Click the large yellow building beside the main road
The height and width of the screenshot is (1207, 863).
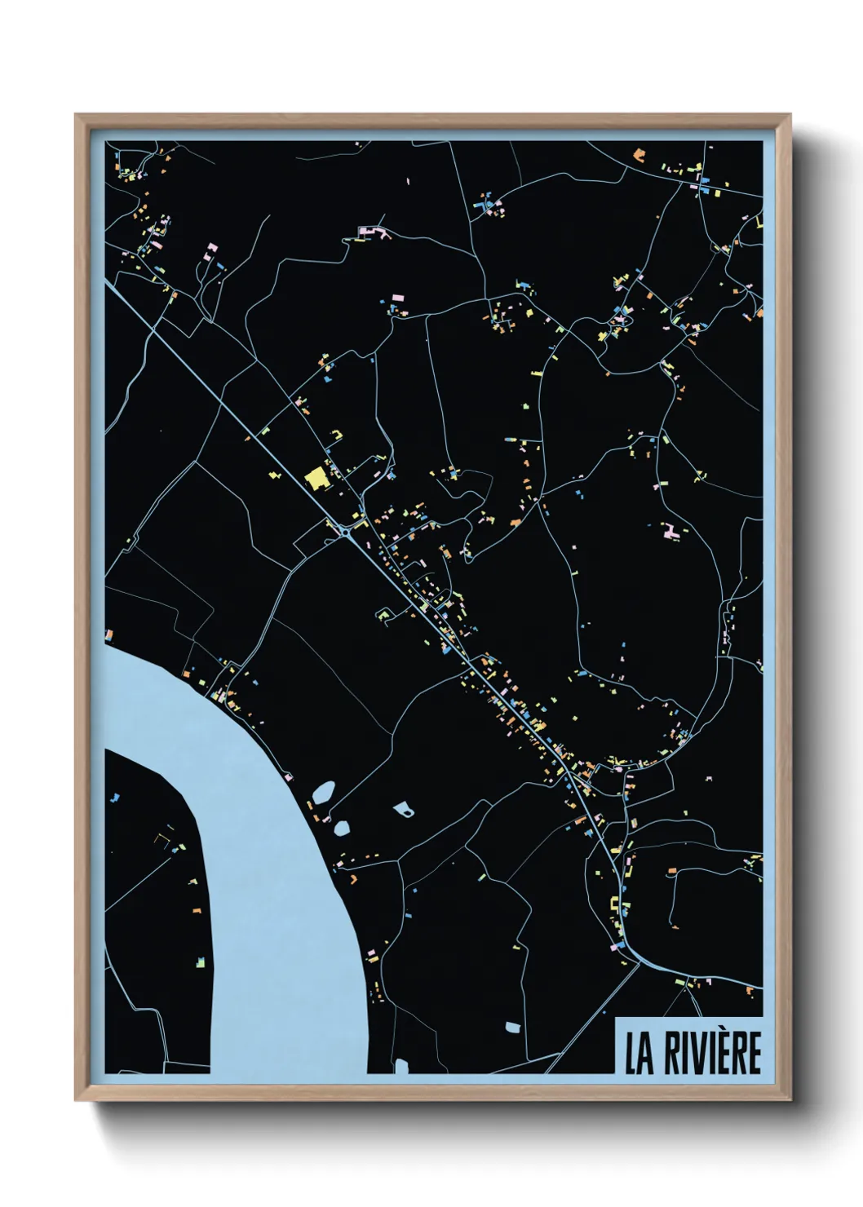pos(315,477)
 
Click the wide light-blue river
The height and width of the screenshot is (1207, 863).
pos(269,856)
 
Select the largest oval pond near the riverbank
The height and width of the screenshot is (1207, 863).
pos(324,791)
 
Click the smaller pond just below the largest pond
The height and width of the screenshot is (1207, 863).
pos(342,828)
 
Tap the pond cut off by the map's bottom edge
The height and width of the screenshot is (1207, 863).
pos(401,1066)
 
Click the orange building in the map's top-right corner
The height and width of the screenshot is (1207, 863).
pos(639,153)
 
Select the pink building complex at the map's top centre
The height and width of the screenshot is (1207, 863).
pos(372,233)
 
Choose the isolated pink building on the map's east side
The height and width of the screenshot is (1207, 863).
pos(672,531)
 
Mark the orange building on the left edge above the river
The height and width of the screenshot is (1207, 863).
pos(108,634)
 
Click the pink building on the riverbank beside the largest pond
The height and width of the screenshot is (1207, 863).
pos(311,806)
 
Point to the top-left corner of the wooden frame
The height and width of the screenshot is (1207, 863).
pos(77,116)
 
